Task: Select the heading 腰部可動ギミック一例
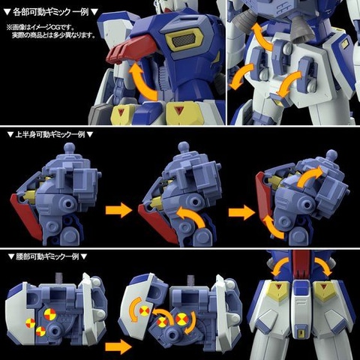pos(48,257)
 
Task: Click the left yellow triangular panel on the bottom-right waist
pos(280,292)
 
